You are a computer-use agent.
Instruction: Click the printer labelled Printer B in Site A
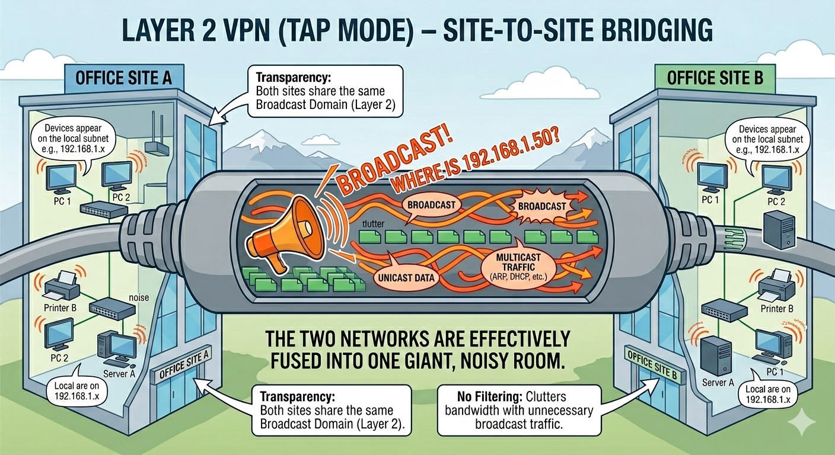point(62,287)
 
